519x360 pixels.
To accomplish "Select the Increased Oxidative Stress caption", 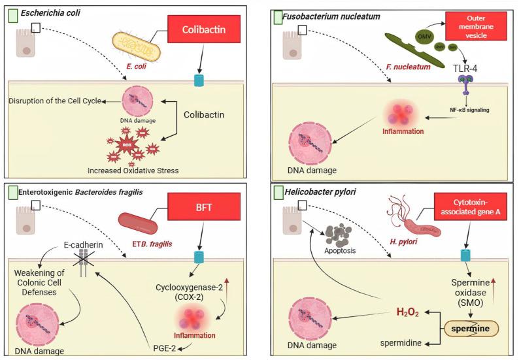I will (x=132, y=171).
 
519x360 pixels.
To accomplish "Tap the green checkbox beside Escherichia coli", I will (x=12, y=12).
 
